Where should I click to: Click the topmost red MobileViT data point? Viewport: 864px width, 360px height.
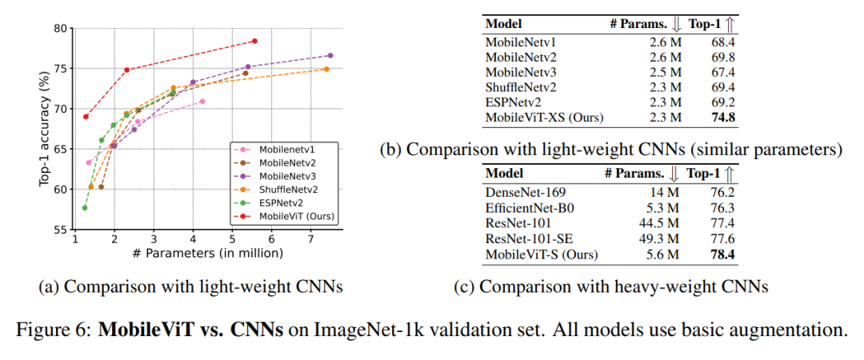254,41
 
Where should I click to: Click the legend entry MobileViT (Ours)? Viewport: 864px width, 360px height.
297,217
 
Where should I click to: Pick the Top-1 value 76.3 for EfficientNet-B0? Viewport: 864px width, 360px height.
722,208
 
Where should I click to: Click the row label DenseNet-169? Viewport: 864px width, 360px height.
523,193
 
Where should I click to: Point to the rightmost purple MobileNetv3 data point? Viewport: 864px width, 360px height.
330,55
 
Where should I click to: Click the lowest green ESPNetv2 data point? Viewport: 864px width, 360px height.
85,208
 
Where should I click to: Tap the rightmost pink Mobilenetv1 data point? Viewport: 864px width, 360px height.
202,102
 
